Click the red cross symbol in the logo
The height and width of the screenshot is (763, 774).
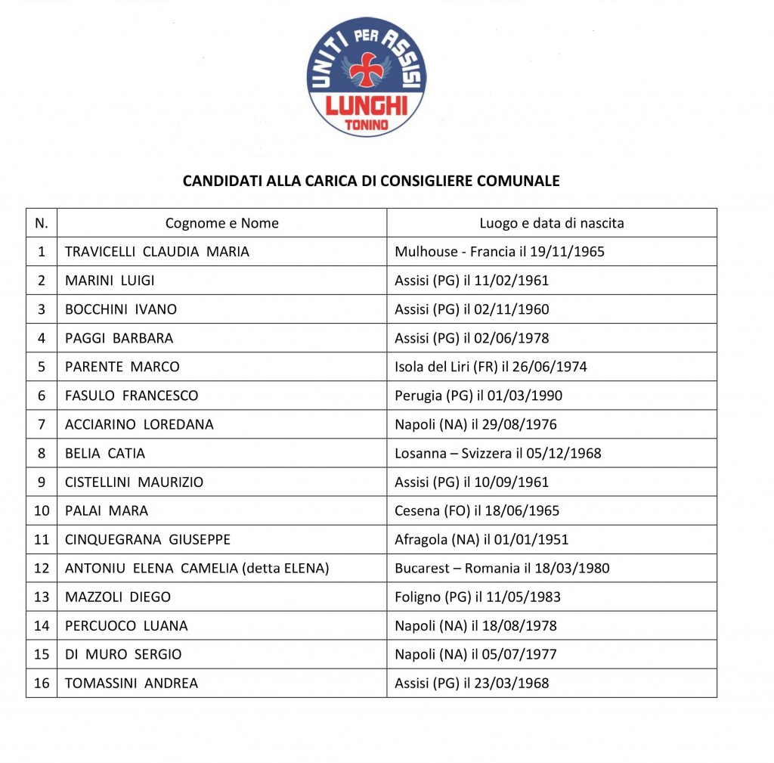(x=367, y=69)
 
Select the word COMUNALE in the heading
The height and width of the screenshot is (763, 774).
(x=520, y=181)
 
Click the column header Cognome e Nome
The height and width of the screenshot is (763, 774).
(x=221, y=223)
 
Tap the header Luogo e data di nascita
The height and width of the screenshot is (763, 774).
(x=551, y=223)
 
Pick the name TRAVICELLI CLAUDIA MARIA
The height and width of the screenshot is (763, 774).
(x=156, y=252)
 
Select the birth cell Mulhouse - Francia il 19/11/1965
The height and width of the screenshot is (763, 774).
(x=500, y=252)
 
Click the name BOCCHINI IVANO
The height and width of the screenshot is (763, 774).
(x=121, y=309)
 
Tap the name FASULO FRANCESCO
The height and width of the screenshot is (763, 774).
(x=132, y=395)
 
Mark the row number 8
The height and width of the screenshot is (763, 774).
(x=42, y=453)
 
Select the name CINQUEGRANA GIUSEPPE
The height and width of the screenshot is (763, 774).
(x=147, y=539)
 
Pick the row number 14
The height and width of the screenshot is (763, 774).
(x=42, y=625)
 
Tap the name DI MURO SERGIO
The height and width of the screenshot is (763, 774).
(x=123, y=654)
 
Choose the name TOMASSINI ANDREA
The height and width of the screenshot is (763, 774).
(x=132, y=683)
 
